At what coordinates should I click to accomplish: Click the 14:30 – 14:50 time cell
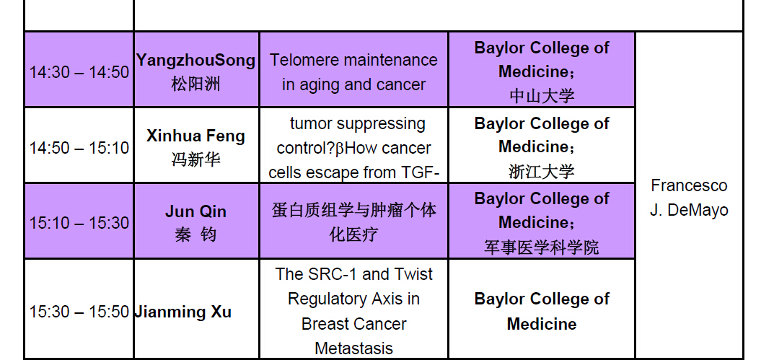(79, 72)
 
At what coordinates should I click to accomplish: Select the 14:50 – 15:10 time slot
(79, 148)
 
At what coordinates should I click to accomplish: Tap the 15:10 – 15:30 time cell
(79, 223)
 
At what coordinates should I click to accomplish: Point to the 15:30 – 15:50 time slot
(79, 312)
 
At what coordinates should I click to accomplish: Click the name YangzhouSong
(196, 61)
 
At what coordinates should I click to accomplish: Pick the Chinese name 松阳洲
(196, 84)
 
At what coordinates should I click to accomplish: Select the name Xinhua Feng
(196, 136)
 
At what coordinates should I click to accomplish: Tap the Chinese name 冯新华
(196, 159)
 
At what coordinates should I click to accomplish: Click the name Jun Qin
(196, 211)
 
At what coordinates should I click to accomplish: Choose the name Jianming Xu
(182, 312)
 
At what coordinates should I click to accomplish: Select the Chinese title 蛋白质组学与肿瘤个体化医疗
(354, 222)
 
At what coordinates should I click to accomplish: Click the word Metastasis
(354, 348)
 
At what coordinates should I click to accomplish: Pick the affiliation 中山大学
(542, 96)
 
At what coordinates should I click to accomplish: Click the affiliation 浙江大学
(542, 172)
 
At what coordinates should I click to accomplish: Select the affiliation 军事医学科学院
(542, 247)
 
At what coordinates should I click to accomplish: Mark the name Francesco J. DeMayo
(689, 198)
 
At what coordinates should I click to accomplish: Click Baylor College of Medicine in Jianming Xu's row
(542, 312)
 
